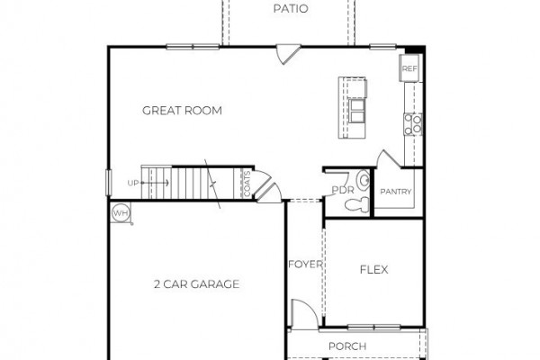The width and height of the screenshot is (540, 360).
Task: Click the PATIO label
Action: point(291,9)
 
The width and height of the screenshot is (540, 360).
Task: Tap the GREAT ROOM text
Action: point(182,111)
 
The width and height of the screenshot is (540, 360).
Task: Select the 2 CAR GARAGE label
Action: point(196,284)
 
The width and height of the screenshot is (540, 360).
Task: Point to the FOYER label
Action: point(305,265)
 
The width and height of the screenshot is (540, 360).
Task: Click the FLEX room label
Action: point(374,269)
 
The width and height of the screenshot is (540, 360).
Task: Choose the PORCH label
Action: point(347,346)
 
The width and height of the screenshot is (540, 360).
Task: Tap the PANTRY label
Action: point(396,192)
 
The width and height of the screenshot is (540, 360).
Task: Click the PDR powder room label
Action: point(343,190)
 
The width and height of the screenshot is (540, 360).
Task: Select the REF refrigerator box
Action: point(409,68)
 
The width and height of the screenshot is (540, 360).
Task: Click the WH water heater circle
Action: point(121,213)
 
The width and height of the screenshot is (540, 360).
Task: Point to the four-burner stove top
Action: point(413,124)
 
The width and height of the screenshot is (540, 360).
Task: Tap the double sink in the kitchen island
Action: point(356,110)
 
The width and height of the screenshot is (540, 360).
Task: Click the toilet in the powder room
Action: point(357,205)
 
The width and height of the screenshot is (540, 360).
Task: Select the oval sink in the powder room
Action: point(364,179)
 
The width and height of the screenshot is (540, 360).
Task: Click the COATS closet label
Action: point(247,184)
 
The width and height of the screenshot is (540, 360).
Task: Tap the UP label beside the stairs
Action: point(133,184)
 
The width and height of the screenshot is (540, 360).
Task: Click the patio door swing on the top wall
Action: point(289,54)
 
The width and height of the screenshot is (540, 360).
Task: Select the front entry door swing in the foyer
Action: point(304,314)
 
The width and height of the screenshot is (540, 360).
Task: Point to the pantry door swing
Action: point(389,159)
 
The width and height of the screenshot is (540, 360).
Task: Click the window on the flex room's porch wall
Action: point(374,327)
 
